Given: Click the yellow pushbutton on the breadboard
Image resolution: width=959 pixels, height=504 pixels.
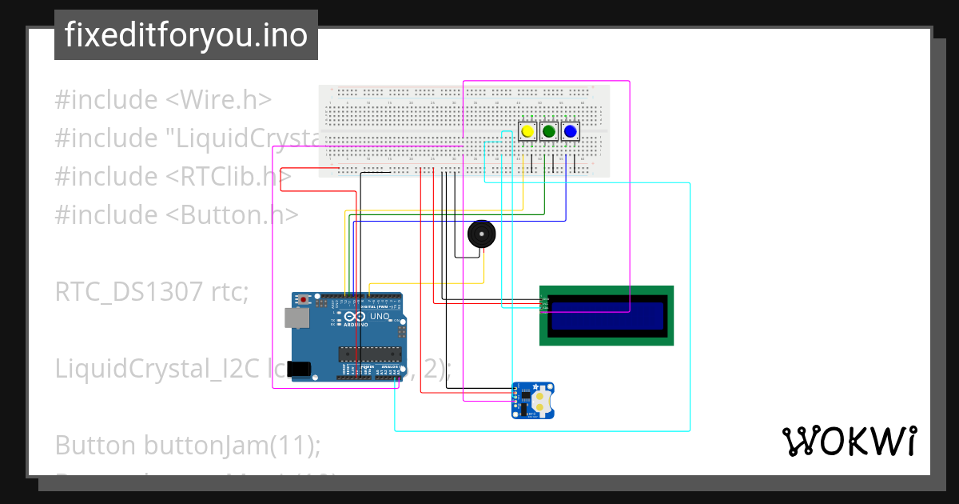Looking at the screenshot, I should [527, 131].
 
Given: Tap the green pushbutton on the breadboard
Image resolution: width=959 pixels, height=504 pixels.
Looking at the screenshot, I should [548, 131].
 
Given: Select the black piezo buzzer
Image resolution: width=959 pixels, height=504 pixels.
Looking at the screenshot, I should [481, 234].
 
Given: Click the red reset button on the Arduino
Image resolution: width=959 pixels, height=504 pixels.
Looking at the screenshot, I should [304, 300].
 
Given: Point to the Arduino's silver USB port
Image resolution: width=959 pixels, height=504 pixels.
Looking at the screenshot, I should [297, 318].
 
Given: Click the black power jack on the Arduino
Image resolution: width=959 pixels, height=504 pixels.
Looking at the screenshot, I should [298, 369].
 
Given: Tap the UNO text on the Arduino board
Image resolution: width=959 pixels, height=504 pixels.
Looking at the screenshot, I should [380, 317].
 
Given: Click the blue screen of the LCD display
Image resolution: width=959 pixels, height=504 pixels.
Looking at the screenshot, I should [607, 316].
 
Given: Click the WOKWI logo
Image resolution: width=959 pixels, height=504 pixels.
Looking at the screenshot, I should [849, 441].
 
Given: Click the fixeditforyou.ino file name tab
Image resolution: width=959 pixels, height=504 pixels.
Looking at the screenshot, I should [186, 35].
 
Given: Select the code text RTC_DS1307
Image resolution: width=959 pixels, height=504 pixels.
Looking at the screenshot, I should [129, 292].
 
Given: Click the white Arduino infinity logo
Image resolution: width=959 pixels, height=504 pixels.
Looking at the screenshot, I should [349, 318].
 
